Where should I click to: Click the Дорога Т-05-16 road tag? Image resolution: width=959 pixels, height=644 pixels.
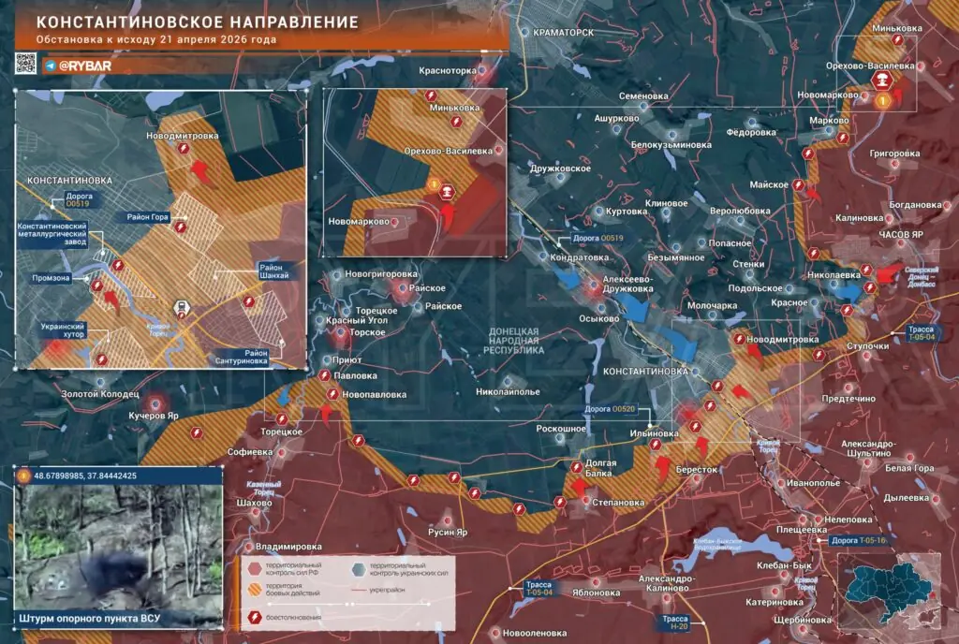point(857,540)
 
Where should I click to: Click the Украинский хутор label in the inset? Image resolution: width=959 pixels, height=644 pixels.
point(64,331)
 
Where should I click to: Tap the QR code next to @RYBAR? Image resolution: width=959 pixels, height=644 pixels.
point(25,64)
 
